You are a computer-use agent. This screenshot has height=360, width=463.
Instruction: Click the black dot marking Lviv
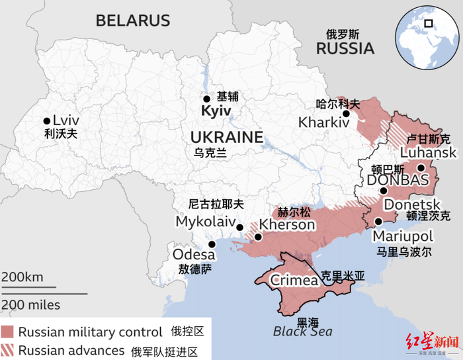(46, 121)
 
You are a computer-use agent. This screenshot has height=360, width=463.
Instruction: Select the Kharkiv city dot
(345, 113)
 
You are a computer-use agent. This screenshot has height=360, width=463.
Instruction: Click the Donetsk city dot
(383, 191)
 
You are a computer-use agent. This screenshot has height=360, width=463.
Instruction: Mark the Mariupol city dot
(378, 222)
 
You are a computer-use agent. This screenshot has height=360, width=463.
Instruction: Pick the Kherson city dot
(258, 236)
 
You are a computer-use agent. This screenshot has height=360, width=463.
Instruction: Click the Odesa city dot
(211, 244)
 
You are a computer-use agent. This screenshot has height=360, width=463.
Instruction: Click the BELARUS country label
(133, 21)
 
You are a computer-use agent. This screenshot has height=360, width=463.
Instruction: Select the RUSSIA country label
(345, 48)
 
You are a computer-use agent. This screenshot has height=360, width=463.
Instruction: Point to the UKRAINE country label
(226, 138)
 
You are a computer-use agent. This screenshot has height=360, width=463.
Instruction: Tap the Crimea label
(294, 280)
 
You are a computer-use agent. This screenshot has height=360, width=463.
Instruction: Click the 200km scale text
(22, 277)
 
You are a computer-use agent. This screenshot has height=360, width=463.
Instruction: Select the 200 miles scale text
(30, 304)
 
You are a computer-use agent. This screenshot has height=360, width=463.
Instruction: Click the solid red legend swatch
(8, 332)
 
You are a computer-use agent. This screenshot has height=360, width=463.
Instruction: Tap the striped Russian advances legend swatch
(8, 349)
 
